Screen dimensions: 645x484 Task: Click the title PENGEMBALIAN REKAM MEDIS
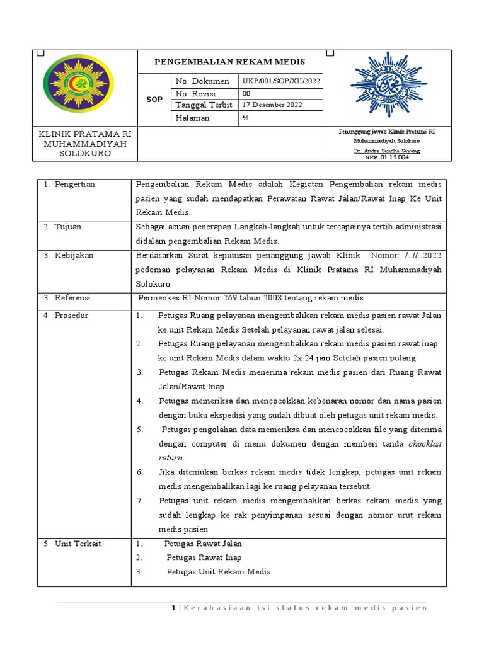(230, 61)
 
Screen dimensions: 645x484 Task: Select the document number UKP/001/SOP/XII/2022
(280, 81)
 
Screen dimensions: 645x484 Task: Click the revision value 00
(246, 93)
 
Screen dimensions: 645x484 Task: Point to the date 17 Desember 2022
(272, 105)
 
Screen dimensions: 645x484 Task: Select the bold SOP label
(154, 100)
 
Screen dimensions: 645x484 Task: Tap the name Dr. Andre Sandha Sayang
(386, 151)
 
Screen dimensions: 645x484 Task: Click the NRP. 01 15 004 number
(386, 157)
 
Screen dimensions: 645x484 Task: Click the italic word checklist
(425, 443)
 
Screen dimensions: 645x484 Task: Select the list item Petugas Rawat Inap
(204, 557)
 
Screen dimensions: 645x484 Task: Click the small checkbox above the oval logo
(40, 54)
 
